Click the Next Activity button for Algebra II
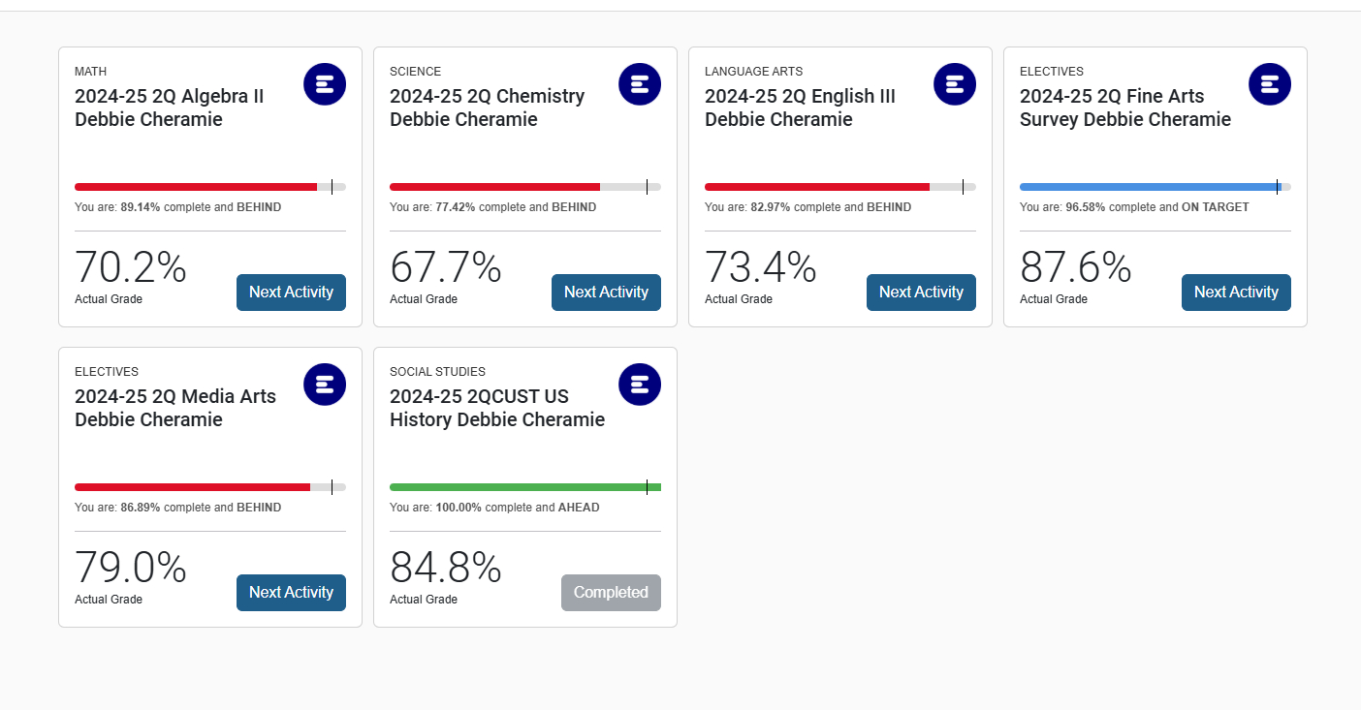click(291, 293)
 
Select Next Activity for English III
click(921, 293)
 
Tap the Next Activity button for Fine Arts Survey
click(1236, 293)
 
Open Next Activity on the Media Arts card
click(291, 593)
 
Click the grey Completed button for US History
click(611, 593)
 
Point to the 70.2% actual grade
click(131, 268)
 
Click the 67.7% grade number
click(446, 268)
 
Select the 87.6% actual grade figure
click(1076, 268)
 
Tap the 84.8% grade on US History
click(446, 569)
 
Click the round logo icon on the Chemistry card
click(640, 84)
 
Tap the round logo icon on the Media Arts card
click(325, 385)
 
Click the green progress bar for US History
click(523, 487)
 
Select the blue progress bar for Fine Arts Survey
click(1149, 187)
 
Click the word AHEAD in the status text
click(579, 508)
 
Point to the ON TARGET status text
click(1216, 207)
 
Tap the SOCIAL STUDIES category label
click(437, 372)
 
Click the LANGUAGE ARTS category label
click(753, 72)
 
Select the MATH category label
click(91, 72)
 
